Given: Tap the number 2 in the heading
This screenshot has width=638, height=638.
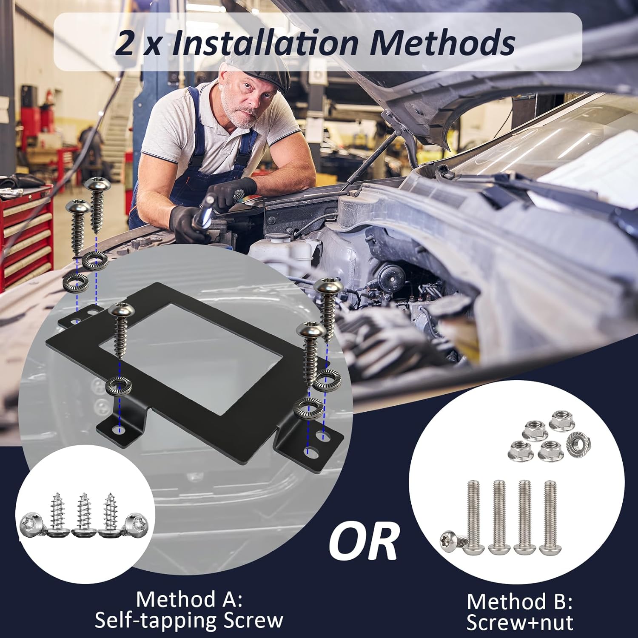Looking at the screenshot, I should coord(124,44).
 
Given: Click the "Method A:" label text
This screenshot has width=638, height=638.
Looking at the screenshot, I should coord(189,599).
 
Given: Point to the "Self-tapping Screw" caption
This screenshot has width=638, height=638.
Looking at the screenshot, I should coord(189,621).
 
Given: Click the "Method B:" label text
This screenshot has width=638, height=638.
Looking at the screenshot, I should coord(519,601).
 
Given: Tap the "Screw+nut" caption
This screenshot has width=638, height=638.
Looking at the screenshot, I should coord(519,623).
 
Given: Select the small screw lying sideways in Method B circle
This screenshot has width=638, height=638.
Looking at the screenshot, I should coord(453,542).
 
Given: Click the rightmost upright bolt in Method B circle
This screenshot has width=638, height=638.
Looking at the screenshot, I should coord(550,517).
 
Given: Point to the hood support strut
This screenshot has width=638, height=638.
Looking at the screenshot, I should coord(374,153).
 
